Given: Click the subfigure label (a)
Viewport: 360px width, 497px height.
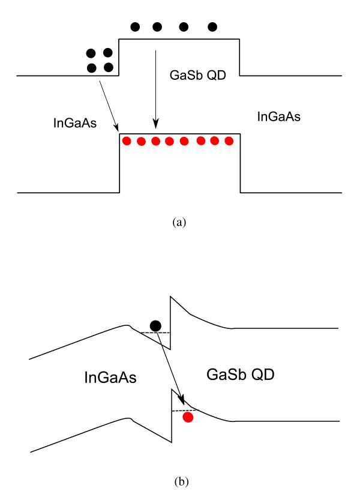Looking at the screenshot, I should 179,222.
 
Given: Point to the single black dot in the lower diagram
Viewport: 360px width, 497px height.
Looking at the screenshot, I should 155,326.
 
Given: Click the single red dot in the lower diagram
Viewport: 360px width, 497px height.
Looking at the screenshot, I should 188,417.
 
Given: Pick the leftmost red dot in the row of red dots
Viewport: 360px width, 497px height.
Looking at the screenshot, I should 127,142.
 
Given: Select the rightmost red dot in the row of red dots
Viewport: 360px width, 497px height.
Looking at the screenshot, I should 229,142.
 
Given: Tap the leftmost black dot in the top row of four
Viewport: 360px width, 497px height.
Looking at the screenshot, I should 135,27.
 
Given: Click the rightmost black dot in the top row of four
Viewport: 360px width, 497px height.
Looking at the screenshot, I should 212,27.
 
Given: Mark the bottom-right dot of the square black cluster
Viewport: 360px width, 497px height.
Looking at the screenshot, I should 109,67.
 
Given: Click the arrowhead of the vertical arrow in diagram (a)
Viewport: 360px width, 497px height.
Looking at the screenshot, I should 155,127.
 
